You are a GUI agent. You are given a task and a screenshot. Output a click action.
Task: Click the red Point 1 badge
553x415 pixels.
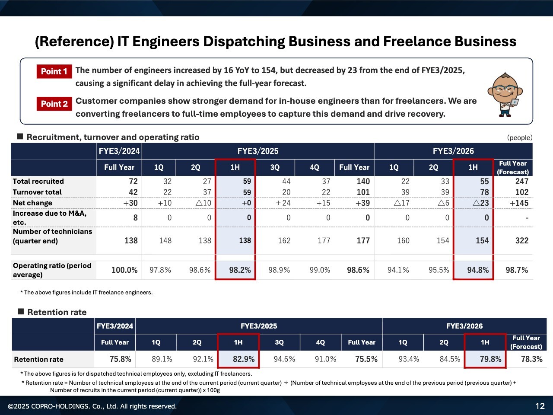point(54,71)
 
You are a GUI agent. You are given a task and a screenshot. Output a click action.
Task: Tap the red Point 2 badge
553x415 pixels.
point(54,104)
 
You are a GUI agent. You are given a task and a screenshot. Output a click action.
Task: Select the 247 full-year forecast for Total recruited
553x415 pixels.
point(521,182)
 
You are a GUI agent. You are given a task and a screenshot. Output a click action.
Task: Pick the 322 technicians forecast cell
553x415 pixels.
point(521,240)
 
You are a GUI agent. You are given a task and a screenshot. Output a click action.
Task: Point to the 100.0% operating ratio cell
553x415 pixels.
point(124,270)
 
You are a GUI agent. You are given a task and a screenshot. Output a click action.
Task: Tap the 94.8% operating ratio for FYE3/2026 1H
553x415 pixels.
point(478,270)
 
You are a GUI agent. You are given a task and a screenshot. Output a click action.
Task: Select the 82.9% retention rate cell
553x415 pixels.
point(244,359)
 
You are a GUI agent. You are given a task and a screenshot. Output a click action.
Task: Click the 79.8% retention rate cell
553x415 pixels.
point(490,359)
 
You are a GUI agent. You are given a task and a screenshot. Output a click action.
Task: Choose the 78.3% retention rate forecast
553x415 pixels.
point(531,359)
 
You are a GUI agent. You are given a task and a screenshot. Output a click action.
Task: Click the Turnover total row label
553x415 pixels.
point(37,192)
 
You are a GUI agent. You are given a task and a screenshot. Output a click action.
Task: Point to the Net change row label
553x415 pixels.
point(32,203)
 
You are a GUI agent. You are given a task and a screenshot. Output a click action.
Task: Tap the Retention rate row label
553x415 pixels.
point(38,359)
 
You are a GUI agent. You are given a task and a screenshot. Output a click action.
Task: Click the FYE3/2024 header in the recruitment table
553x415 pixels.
point(119,151)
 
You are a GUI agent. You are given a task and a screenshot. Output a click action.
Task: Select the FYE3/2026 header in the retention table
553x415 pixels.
point(464,326)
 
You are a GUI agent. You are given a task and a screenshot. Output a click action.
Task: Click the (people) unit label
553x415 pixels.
point(520,137)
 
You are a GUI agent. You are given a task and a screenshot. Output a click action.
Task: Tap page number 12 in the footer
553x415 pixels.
point(540,406)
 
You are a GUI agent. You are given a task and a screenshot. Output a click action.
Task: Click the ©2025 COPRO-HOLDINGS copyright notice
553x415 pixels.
point(92,406)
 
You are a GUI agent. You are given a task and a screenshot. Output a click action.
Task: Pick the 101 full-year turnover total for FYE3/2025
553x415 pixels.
point(363,192)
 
